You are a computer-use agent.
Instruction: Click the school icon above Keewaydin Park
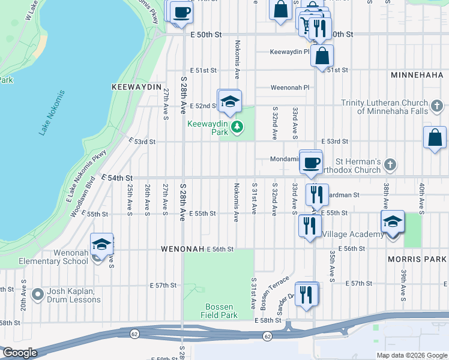(x=229, y=101)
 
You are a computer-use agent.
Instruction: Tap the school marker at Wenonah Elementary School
(x=102, y=245)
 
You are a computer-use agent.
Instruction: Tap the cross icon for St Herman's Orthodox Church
(x=390, y=164)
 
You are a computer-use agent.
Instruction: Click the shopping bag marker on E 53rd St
(x=435, y=137)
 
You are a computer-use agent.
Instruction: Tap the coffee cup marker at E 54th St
(x=311, y=163)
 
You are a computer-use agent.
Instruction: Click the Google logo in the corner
(x=20, y=353)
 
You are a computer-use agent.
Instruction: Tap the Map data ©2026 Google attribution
(x=411, y=355)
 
